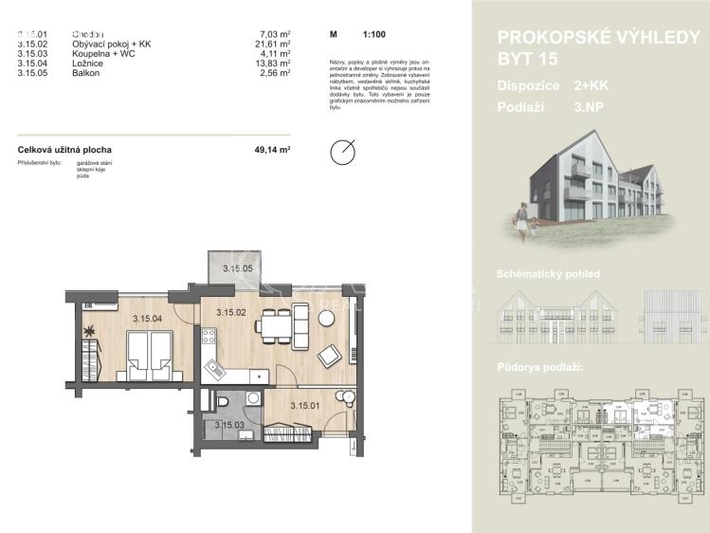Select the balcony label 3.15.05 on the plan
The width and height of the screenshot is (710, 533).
click(x=238, y=269)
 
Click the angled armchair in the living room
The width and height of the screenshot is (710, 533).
click(x=329, y=357)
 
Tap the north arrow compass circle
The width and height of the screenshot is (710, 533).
click(x=342, y=152)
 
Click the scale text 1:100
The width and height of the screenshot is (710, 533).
click(x=373, y=34)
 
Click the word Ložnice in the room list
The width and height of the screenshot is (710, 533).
click(x=87, y=64)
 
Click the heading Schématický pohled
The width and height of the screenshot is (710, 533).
click(x=548, y=274)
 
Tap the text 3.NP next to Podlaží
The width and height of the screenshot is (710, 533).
click(x=589, y=107)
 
